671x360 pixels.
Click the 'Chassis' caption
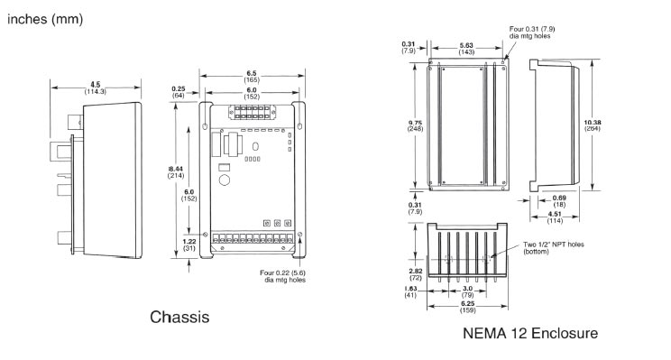(180, 317)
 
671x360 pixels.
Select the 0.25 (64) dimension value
(177, 91)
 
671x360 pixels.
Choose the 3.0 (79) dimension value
(468, 291)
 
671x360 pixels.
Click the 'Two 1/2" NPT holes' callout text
(549, 247)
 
